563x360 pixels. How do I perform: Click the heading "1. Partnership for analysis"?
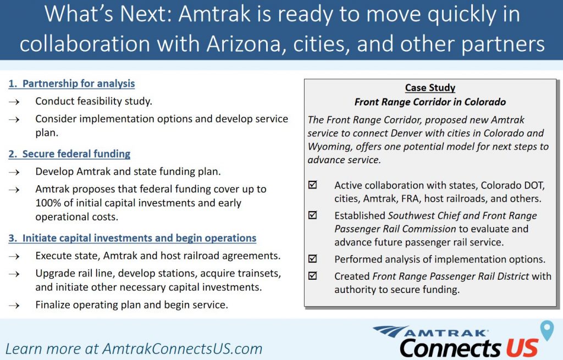tap(71, 84)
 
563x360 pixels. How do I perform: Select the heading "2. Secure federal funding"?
tap(69, 154)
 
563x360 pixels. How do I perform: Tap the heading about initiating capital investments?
tap(132, 238)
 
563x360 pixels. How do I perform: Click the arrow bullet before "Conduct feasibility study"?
tap(14, 102)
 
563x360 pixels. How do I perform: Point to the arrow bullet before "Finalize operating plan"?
tap(14, 306)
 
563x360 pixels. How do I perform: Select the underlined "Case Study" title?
tap(430, 87)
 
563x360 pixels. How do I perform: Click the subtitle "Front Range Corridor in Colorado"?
tap(430, 102)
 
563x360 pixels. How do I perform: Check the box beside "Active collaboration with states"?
tap(313, 185)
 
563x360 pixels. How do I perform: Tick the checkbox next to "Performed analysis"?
tap(313, 258)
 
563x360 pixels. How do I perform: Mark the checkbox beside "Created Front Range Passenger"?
tap(313, 276)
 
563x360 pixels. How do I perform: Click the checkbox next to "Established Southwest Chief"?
tap(313, 215)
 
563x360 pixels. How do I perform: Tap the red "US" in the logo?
tap(522, 348)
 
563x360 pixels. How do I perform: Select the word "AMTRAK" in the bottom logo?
tap(445, 333)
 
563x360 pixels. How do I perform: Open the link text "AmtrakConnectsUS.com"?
tap(183, 349)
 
